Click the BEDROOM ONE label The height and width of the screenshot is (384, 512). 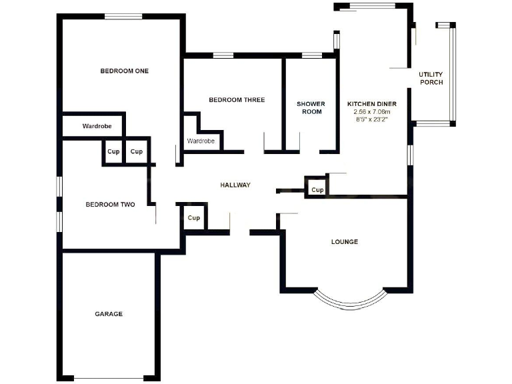pyautogui.click(x=125, y=71)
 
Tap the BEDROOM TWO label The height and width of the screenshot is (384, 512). pyautogui.click(x=110, y=205)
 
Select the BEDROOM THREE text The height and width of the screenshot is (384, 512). pyautogui.click(x=237, y=100)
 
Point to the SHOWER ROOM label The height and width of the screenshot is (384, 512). pyautogui.click(x=311, y=108)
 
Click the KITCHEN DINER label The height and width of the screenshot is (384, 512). pyautogui.click(x=372, y=104)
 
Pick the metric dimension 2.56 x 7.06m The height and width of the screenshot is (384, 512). pyautogui.click(x=372, y=112)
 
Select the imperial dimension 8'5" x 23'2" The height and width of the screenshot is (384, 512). pyautogui.click(x=372, y=119)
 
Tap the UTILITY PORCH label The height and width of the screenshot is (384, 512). pyautogui.click(x=431, y=78)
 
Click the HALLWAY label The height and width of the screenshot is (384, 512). pyautogui.click(x=235, y=185)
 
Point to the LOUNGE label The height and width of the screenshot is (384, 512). pyautogui.click(x=345, y=241)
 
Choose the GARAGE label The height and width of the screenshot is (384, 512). pyautogui.click(x=109, y=314)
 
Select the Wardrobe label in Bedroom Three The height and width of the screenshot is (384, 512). pyautogui.click(x=201, y=141)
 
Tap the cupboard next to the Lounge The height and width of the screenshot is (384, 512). pyautogui.click(x=317, y=190)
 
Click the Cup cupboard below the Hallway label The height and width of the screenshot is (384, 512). pyautogui.click(x=194, y=218)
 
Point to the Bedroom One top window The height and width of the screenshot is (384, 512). pyautogui.click(x=123, y=17)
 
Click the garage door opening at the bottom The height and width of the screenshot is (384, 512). pyautogui.click(x=109, y=378)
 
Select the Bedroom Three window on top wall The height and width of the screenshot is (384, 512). pyautogui.click(x=223, y=55)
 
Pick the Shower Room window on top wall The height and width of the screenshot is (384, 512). pyautogui.click(x=311, y=55)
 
